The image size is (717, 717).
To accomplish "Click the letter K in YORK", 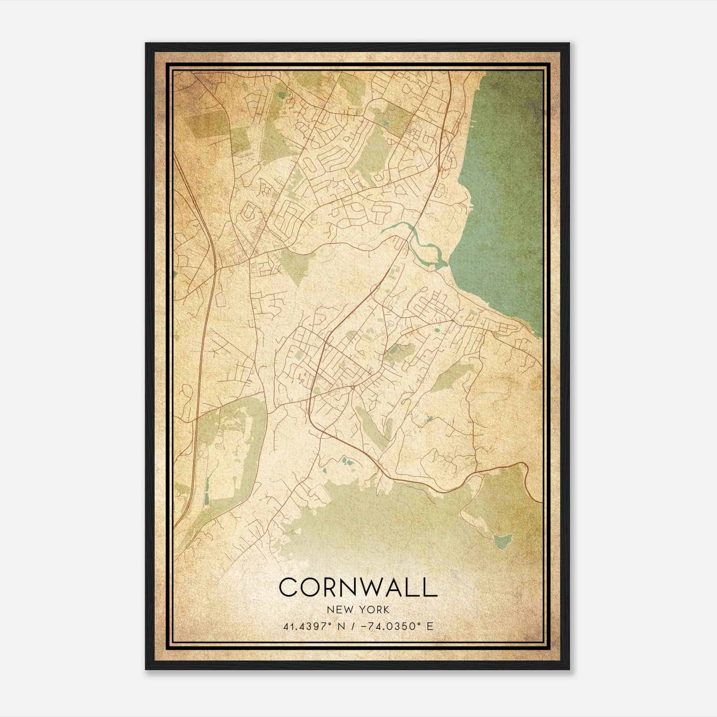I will pos(386,609).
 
